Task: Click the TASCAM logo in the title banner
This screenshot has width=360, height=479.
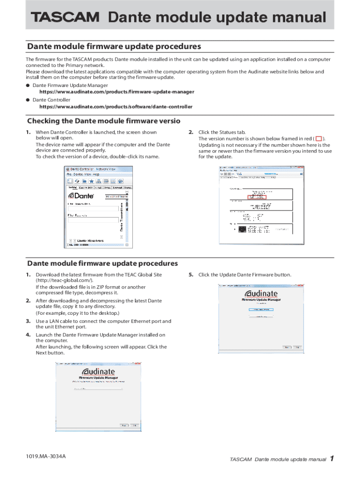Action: (x=65, y=18)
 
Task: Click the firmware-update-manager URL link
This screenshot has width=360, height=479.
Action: (x=113, y=92)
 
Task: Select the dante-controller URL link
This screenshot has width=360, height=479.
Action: (x=112, y=107)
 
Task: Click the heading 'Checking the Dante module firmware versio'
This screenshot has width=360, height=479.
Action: (x=104, y=121)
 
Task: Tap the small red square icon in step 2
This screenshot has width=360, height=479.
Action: (x=319, y=139)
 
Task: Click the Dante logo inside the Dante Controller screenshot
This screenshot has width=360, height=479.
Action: (x=81, y=196)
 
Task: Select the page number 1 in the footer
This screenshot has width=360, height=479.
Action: (x=331, y=458)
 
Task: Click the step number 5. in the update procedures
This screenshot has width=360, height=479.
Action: (x=191, y=275)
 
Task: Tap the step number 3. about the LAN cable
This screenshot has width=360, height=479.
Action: (x=29, y=321)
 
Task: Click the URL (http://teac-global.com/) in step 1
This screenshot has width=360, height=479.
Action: (x=65, y=280)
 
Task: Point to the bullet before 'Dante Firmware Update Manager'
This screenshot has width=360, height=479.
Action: (x=29, y=86)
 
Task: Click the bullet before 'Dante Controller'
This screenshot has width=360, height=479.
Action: (x=29, y=100)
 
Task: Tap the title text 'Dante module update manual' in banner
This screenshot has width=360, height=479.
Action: (x=217, y=17)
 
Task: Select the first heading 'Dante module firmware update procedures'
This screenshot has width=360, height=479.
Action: (x=114, y=46)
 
